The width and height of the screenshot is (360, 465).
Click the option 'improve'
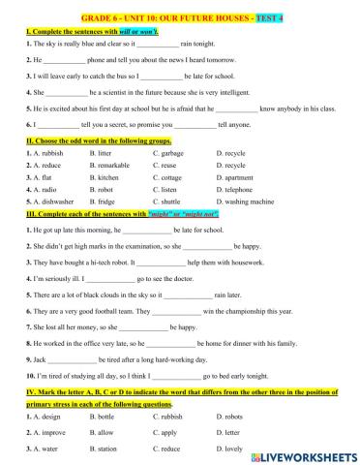[45, 431]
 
